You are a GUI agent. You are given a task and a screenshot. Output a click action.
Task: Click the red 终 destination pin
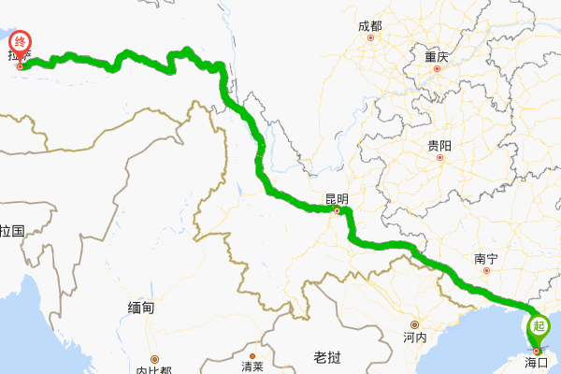point(20,43)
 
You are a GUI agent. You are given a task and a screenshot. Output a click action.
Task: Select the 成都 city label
point(370,26)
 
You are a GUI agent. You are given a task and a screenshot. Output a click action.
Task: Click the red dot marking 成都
point(371,39)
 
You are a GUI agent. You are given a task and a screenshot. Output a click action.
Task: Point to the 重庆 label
point(437,56)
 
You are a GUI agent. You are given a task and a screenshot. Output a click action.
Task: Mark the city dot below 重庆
point(438,69)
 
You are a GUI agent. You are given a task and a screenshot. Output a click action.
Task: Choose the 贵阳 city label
point(439,146)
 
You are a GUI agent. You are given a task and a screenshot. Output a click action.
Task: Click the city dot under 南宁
point(486,272)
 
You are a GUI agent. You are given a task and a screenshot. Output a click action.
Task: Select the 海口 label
point(536,361)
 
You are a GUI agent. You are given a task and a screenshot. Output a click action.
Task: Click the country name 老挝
point(328,356)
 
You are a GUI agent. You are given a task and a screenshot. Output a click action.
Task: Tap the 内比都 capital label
point(153,370)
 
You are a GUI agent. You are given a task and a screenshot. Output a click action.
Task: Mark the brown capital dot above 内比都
point(155,358)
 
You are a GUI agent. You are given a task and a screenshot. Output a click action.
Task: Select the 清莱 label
point(252,366)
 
